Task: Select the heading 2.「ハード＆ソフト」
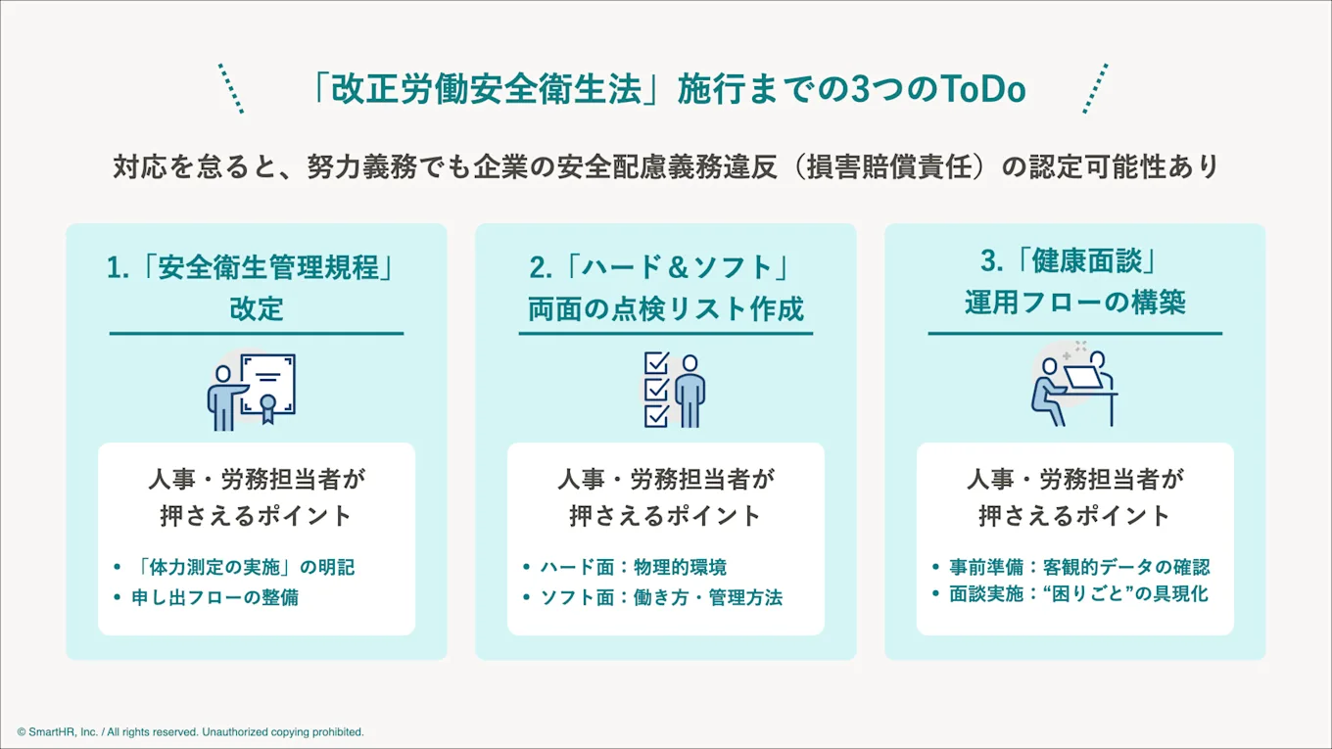click(x=666, y=268)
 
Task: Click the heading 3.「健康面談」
click(x=1074, y=261)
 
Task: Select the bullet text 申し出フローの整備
click(x=215, y=597)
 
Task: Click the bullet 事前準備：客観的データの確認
click(x=1080, y=567)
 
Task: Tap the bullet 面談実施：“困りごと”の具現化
click(x=1078, y=594)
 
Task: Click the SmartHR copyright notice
click(x=190, y=731)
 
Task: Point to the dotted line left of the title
click(x=231, y=89)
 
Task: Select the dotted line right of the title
click(x=1096, y=89)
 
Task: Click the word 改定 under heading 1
click(x=257, y=309)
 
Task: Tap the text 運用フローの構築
click(x=1074, y=303)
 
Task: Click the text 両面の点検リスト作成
click(x=666, y=309)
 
